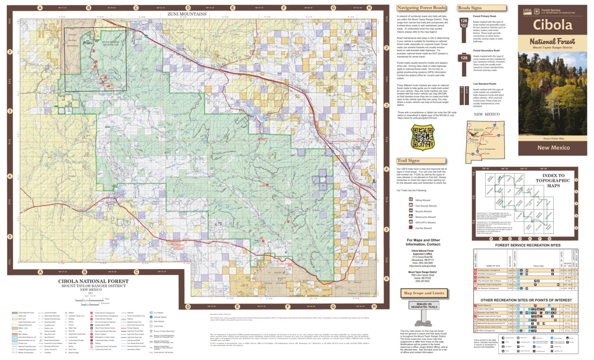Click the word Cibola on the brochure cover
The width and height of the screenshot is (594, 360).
point(552,24)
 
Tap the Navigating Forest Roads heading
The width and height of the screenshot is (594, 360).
point(421,8)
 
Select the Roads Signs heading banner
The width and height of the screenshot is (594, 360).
point(470,8)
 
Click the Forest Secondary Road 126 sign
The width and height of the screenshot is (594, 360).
point(464,58)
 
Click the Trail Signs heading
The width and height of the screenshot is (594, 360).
point(408,161)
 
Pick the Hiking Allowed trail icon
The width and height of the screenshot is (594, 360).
point(411,200)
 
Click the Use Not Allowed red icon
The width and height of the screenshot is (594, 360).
point(411,228)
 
